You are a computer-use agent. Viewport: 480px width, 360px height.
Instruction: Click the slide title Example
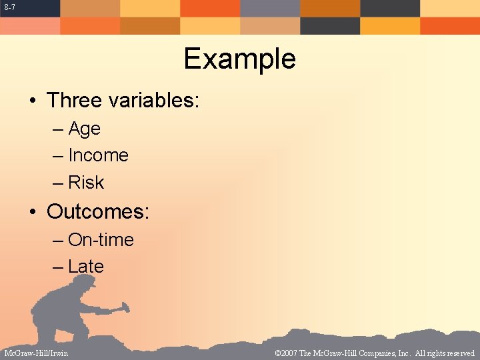click(x=239, y=59)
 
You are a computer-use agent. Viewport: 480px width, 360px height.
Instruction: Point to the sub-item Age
click(x=84, y=129)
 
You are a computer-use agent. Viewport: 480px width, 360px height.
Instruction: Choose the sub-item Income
click(x=98, y=155)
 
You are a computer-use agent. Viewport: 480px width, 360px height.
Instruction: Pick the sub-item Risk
click(x=86, y=183)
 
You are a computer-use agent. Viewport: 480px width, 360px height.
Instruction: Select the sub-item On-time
click(x=101, y=240)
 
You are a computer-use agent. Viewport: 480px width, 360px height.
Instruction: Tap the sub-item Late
click(x=86, y=267)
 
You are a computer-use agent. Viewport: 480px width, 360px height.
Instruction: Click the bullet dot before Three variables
click(x=32, y=101)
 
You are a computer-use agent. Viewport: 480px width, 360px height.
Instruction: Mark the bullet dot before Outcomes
click(x=32, y=212)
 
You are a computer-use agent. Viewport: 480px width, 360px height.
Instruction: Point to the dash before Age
click(x=58, y=129)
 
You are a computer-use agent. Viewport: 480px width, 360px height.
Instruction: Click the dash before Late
click(x=58, y=267)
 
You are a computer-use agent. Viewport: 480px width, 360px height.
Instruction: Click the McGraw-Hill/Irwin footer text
click(x=36, y=353)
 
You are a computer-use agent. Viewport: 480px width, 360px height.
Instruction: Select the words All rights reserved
click(x=445, y=353)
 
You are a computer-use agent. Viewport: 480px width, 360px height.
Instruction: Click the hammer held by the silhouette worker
click(x=121, y=308)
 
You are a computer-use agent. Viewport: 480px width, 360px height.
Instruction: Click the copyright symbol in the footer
click(x=277, y=353)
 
